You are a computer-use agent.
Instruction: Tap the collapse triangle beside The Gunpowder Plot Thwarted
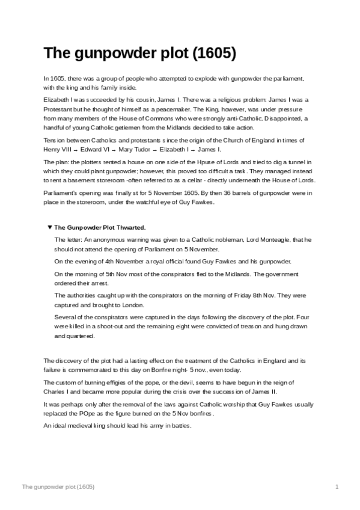[50, 227]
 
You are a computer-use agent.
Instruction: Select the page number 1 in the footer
[338, 486]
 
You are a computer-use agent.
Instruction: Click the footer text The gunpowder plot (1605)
[58, 486]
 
